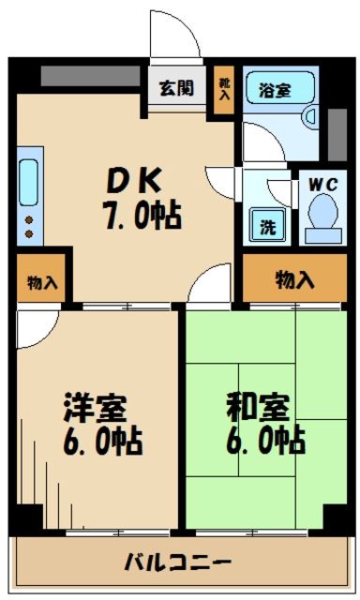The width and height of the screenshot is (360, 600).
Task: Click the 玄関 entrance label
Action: pos(175,89)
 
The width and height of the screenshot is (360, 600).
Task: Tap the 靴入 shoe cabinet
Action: pos(223,90)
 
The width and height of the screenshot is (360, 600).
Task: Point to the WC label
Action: pos(322,184)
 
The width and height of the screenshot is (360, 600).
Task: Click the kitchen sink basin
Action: pos(27,182)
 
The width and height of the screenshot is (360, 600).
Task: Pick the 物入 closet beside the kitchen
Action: pos(41,281)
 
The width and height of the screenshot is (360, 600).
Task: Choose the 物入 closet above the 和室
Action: pos(293,279)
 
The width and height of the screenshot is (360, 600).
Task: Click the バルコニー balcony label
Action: pos(177,563)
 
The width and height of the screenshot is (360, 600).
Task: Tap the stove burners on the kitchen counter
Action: pos(27,226)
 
